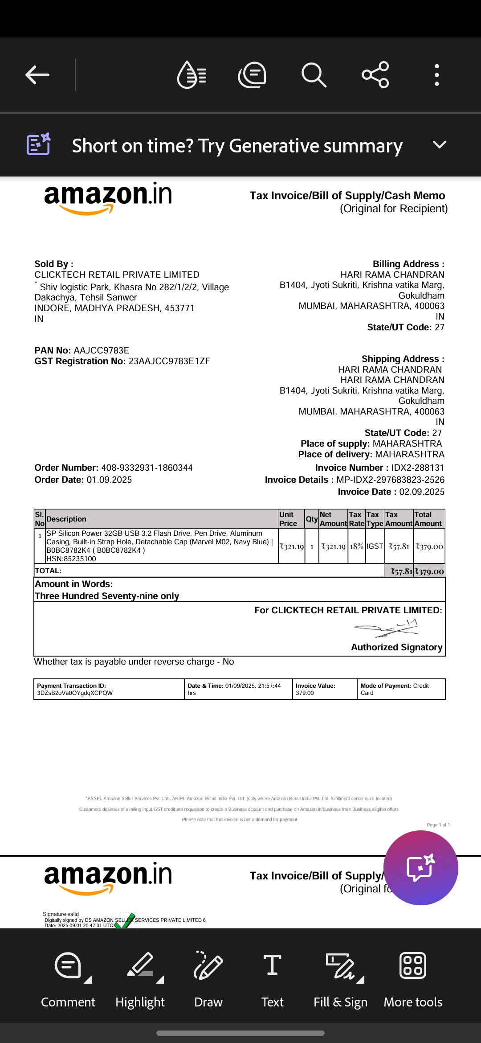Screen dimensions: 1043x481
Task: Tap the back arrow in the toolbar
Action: [37, 75]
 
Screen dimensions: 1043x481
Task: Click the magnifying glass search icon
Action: [314, 75]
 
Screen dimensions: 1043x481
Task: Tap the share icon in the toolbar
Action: [375, 75]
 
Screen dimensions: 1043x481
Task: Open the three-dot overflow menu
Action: [437, 75]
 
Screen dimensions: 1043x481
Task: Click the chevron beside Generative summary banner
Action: [439, 145]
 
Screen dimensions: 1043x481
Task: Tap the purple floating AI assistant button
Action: [420, 867]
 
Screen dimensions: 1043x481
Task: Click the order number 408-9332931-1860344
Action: [147, 468]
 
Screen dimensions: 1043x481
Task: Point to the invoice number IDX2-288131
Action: [417, 468]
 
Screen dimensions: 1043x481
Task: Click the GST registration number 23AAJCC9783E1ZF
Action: [169, 361]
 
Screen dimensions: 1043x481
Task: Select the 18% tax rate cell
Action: [356, 546]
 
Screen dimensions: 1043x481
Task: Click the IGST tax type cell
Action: [375, 546]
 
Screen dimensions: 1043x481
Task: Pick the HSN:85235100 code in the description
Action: [71, 559]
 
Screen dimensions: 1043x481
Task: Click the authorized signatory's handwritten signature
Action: [386, 628]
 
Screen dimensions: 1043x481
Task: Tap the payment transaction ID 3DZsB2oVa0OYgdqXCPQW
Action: [75, 693]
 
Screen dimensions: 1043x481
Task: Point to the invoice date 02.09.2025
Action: [421, 492]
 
